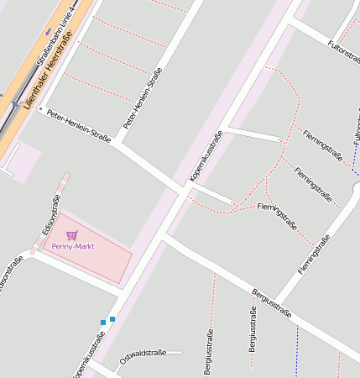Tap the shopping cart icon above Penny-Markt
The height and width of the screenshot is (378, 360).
71,235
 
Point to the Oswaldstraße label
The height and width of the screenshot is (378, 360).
143,357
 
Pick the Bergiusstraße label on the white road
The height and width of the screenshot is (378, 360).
271,303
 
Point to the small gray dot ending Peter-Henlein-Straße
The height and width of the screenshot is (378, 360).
40,108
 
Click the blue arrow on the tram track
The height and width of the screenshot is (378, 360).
14,105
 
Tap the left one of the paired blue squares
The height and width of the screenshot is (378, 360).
103,322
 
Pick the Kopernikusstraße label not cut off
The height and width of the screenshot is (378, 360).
206,156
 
